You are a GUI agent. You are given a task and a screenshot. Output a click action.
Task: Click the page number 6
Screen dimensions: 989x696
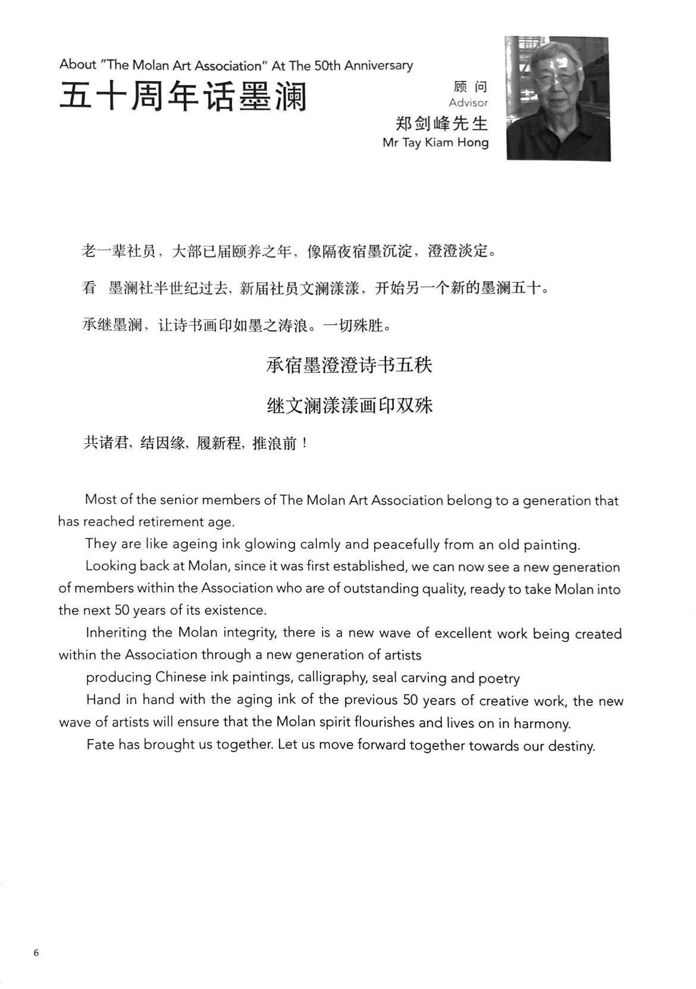click(x=36, y=953)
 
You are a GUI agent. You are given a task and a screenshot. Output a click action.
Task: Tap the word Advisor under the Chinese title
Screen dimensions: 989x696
click(x=468, y=103)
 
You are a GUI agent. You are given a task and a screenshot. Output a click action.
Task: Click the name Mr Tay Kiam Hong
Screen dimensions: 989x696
click(x=435, y=143)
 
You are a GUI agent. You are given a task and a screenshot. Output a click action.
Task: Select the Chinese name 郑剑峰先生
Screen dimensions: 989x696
click(x=441, y=123)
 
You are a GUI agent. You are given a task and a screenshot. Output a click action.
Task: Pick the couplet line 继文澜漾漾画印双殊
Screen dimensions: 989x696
click(x=349, y=406)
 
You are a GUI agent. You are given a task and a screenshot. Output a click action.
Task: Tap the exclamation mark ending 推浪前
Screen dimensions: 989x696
click(x=305, y=444)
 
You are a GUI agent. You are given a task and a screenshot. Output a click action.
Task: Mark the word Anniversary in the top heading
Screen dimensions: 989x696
click(x=378, y=65)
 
